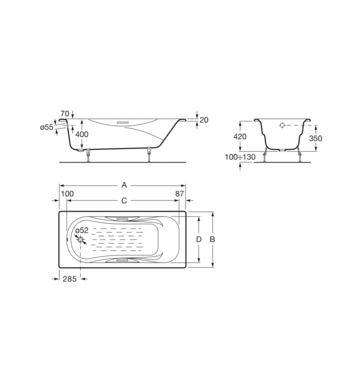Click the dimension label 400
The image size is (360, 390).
click(x=82, y=134)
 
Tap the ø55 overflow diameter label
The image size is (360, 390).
click(x=47, y=127)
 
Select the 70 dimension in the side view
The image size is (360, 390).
click(x=64, y=113)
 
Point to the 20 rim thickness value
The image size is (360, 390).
click(x=204, y=120)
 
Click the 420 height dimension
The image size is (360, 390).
click(x=240, y=136)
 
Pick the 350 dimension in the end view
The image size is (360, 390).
click(x=315, y=138)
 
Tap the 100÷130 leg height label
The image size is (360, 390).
click(x=240, y=157)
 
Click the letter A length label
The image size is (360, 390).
click(x=124, y=185)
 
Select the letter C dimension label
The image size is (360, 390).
click(x=124, y=200)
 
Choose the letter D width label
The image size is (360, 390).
click(x=198, y=239)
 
